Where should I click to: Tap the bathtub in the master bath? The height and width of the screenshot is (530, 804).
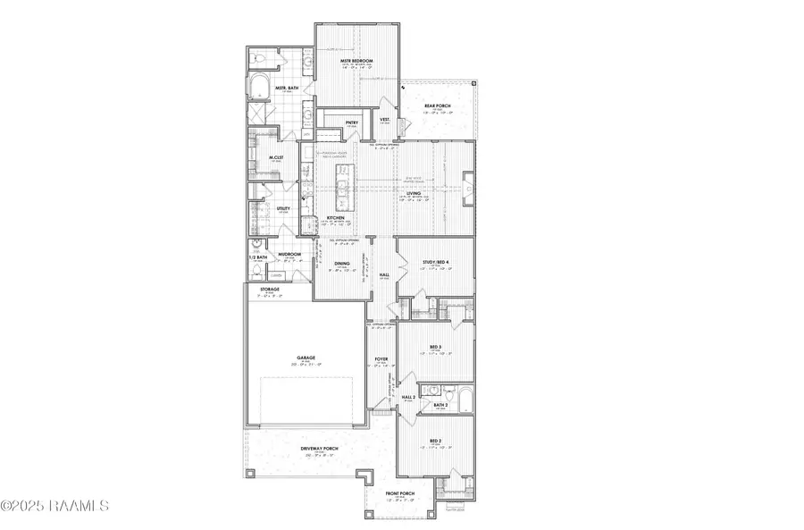point(260,88)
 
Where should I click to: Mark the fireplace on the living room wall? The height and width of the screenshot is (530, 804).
point(467,188)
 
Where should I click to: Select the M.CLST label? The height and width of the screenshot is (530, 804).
point(276,157)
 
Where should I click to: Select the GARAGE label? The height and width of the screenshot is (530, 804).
point(307,358)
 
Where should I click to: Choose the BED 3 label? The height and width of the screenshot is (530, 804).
point(436,347)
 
